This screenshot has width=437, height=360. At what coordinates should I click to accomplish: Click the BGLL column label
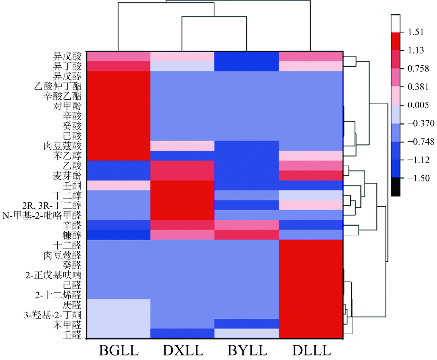pos(119,350)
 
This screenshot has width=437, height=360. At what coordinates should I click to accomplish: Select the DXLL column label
pos(183,350)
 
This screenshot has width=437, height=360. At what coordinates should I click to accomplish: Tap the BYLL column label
pos(247,350)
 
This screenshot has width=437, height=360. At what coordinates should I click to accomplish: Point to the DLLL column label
pos(311,350)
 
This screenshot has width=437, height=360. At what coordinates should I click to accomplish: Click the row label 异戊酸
pos(67,56)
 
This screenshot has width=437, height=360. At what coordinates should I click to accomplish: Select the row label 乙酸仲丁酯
pos(58,86)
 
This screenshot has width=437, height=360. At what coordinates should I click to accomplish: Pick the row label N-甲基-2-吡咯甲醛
pos(42,216)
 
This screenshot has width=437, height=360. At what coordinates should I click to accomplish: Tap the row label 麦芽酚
pos(67,176)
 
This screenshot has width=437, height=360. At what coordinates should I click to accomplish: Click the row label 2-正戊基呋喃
pos(53,275)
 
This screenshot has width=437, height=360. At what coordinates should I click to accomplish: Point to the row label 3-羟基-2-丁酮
pos(53,315)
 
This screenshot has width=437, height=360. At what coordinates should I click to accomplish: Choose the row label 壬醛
pos(72,335)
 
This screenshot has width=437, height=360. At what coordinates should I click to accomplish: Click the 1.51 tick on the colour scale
pos(416,32)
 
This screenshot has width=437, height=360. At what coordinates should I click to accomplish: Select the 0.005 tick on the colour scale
pos(418,105)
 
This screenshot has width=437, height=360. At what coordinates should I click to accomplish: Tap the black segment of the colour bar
pos(395,187)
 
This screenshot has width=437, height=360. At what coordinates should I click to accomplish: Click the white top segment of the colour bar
pos(395,23)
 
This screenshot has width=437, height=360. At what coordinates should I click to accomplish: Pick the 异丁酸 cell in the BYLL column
pos(247,66)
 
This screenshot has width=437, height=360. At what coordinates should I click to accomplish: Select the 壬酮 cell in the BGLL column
pos(119,185)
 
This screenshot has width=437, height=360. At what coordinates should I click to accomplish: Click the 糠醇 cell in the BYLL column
pos(247,235)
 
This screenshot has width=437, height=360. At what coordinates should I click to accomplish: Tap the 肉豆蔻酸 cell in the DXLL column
pos(183,146)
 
